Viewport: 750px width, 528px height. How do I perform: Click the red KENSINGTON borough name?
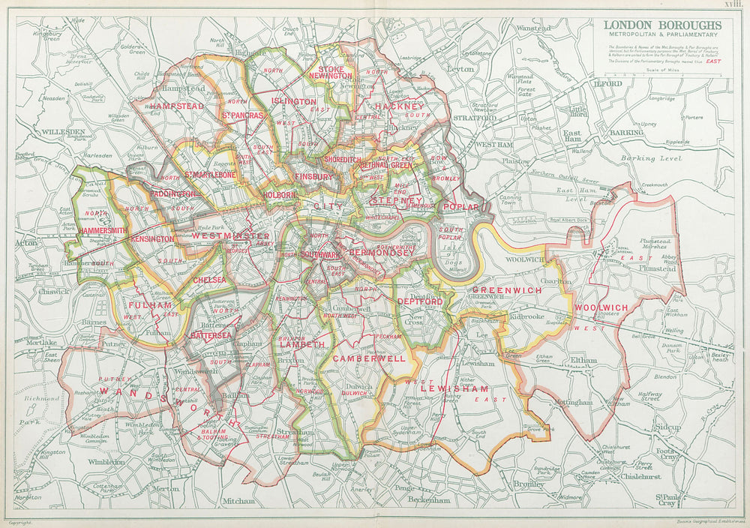153,238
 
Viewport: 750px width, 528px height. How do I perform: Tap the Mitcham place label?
238,499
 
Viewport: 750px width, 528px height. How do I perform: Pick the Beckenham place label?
428,499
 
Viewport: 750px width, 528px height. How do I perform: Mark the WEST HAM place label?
494,143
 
